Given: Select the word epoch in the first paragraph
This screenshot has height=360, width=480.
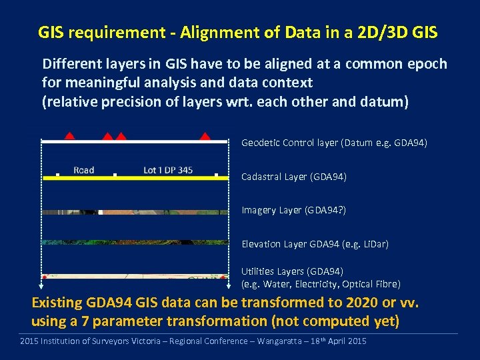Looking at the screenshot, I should (425, 65).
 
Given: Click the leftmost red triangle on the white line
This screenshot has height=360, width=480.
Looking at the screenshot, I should (69, 137).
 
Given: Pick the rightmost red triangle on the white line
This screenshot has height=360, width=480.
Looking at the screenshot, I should (205, 137).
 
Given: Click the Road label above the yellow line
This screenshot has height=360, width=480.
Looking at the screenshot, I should (83, 170).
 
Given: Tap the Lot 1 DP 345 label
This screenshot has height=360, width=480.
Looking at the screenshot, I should (168, 170).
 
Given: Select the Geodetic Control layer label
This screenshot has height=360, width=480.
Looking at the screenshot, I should (334, 143).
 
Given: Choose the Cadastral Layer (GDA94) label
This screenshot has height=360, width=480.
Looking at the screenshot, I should (293, 177).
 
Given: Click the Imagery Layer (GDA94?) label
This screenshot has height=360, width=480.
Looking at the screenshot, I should (293, 210).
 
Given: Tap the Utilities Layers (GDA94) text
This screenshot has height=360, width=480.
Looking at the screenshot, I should (292, 271).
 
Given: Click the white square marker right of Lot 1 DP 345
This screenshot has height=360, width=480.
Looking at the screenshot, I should (217, 175).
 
